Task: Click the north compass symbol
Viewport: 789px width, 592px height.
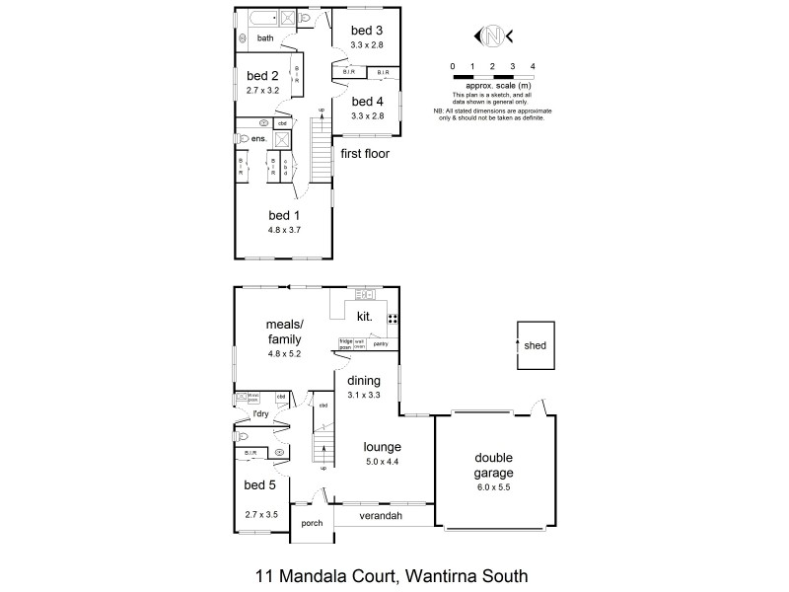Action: [492, 37]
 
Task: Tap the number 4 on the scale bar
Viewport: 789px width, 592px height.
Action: [533, 65]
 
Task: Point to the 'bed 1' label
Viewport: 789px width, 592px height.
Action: [284, 215]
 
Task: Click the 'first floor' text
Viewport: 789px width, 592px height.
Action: [366, 154]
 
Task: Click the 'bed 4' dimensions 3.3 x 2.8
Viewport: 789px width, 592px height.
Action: [367, 115]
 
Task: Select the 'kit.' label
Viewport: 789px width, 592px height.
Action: [363, 316]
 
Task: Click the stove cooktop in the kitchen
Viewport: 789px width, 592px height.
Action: [393, 319]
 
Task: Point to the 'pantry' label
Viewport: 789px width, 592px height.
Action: [380, 343]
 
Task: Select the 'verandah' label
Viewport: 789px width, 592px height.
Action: [379, 516]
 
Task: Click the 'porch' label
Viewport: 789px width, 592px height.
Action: [312, 524]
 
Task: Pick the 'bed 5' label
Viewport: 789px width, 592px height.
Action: [259, 484]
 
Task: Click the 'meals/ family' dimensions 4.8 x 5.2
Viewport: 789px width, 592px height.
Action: [283, 352]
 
